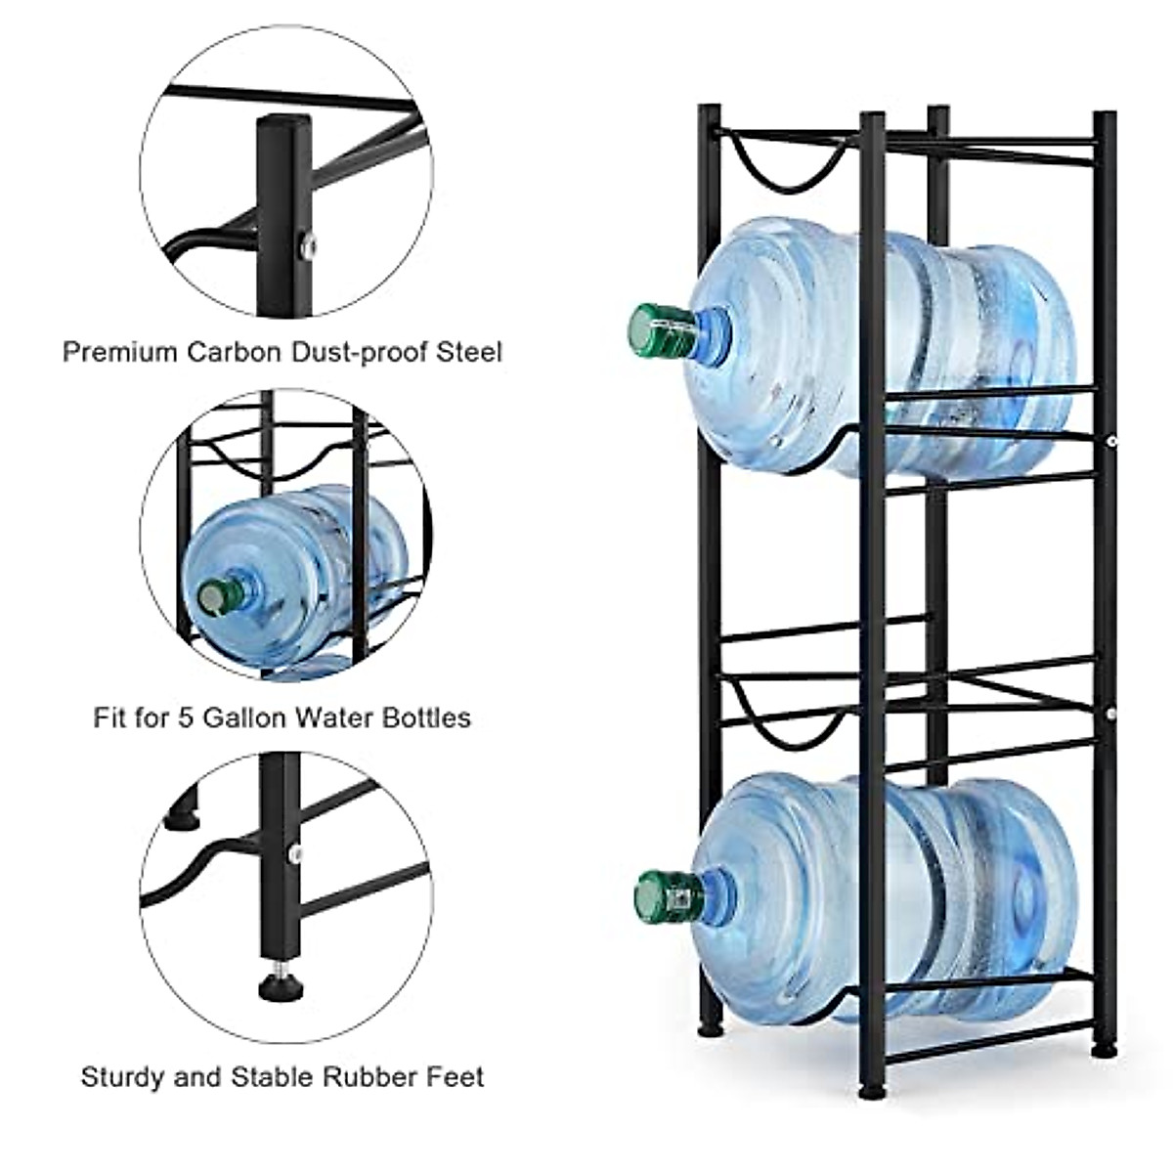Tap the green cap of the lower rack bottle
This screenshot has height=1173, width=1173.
coord(665,895)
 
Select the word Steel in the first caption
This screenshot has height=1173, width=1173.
coord(469,352)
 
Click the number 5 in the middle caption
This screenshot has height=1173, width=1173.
coord(184,718)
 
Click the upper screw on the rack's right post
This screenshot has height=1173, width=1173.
coord(1112,443)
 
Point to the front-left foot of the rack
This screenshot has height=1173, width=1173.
coord(871,1087)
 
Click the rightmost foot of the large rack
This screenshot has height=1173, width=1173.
coord(1105,1048)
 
